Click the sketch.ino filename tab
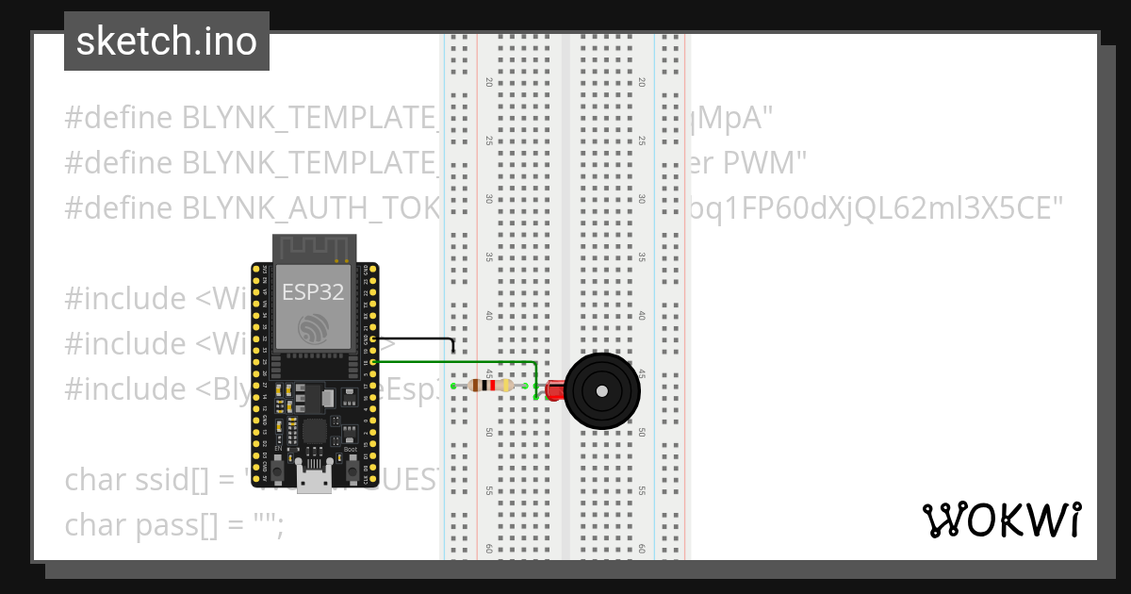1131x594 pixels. click(167, 41)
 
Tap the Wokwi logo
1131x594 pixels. click(1001, 520)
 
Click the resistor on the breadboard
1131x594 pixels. click(490, 386)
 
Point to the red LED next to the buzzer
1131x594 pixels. click(552, 387)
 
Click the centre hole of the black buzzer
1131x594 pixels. click(599, 390)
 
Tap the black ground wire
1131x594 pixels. click(415, 338)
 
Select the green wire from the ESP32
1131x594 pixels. click(452, 362)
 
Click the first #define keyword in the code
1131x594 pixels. click(118, 118)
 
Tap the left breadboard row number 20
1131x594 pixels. click(488, 82)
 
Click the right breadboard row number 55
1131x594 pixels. click(642, 491)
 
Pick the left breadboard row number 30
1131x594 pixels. click(488, 199)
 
